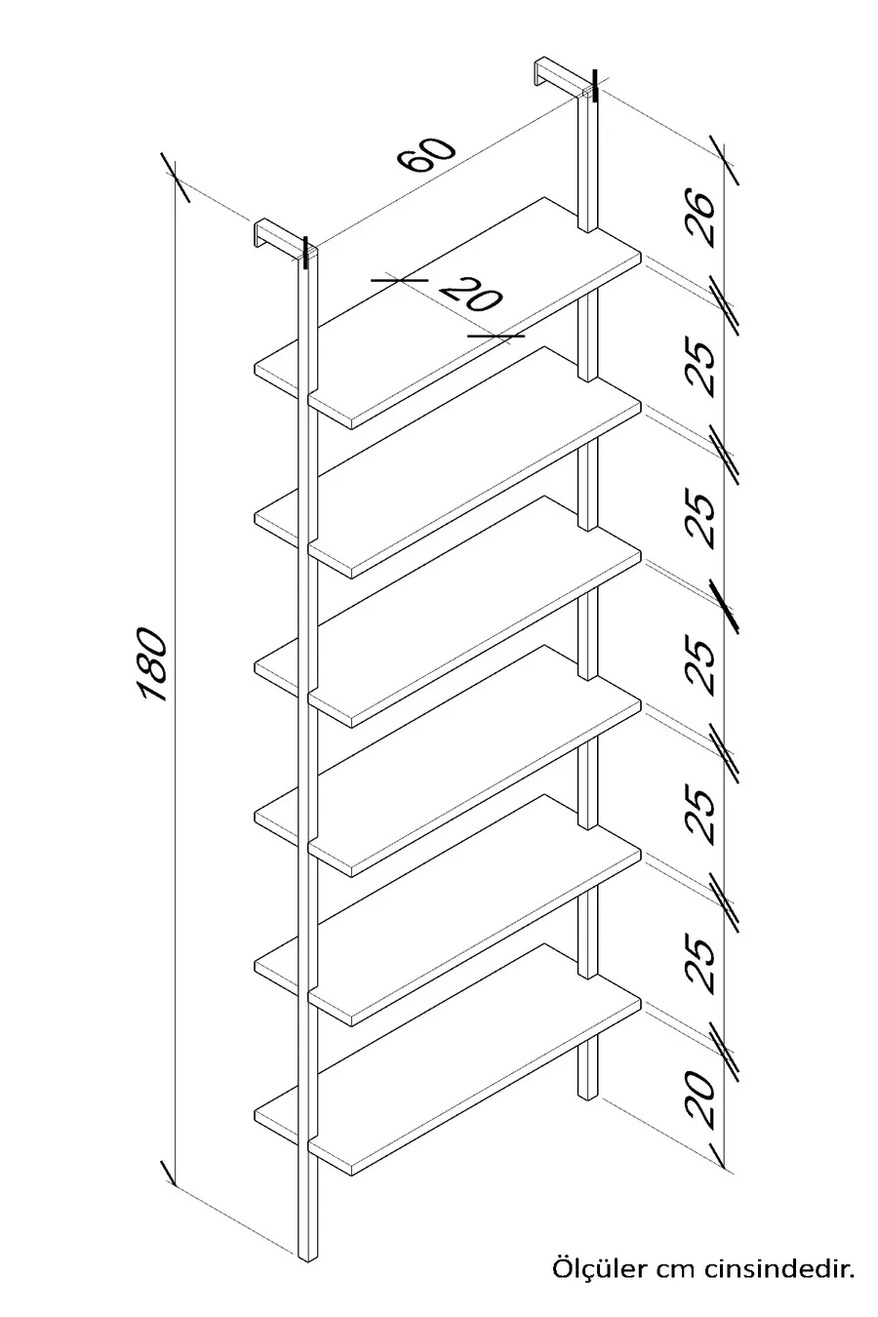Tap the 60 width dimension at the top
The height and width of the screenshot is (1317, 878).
[426, 154]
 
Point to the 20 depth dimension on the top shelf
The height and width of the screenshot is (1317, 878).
[471, 293]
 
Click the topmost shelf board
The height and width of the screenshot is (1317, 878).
[448, 312]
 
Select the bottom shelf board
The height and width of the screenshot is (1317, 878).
[448, 1059]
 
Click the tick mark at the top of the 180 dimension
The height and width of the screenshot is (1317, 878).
[176, 177]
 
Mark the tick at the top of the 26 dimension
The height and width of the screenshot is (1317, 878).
[724, 159]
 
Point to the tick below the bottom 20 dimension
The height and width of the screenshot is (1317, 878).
[723, 1164]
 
